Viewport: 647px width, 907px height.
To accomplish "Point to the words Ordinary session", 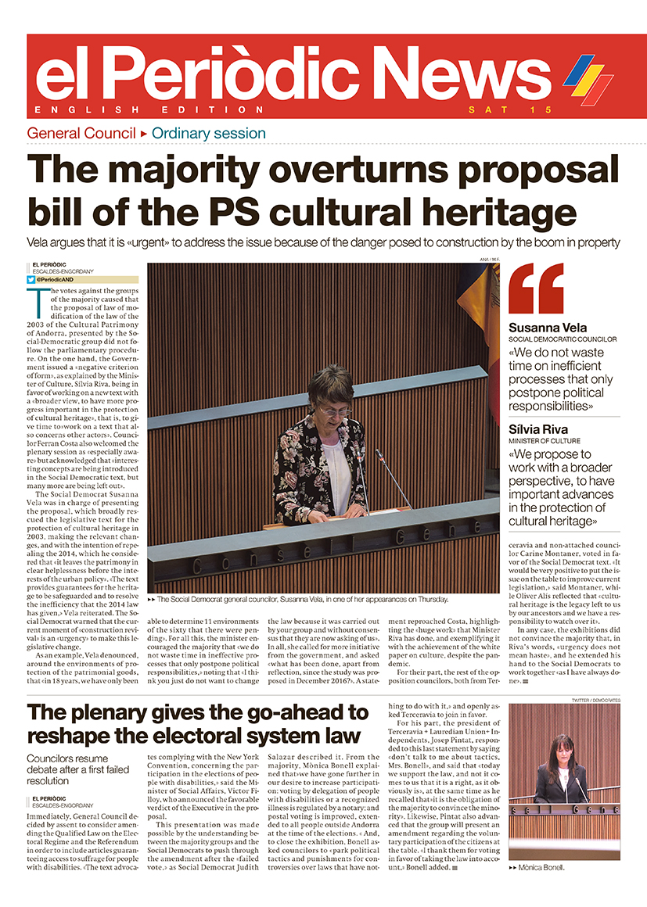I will [209, 133].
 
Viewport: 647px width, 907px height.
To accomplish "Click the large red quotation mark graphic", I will [536, 288].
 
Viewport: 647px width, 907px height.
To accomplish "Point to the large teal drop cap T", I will [37, 302].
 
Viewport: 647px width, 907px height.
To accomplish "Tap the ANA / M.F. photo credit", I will [490, 259].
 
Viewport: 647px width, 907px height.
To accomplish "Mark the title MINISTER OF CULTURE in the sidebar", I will [547, 442].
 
